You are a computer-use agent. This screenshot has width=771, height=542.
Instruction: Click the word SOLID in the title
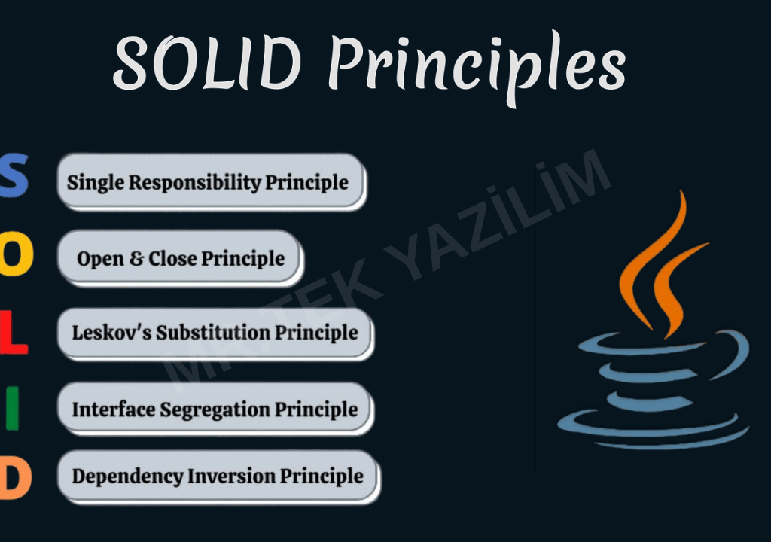click(x=208, y=63)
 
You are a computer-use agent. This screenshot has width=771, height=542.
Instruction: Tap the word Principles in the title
click(x=477, y=68)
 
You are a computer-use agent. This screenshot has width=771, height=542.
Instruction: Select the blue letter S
click(x=14, y=175)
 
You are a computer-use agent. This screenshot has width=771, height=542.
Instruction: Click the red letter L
click(x=14, y=332)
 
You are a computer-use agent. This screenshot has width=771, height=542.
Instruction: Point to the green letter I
click(x=12, y=408)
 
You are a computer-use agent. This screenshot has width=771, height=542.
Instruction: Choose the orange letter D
click(x=15, y=477)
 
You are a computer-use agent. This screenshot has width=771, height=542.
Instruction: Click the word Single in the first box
click(x=96, y=183)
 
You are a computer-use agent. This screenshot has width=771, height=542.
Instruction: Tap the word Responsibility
click(x=195, y=183)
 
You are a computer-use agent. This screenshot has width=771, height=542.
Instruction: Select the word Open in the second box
click(x=100, y=259)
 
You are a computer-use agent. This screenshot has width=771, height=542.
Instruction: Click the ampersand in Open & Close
click(x=136, y=259)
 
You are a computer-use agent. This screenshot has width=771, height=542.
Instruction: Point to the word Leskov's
click(x=111, y=333)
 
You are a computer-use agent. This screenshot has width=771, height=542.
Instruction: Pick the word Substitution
click(x=213, y=333)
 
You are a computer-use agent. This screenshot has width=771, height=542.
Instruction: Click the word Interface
click(x=114, y=410)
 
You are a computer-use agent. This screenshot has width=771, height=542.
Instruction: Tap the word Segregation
click(x=215, y=410)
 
